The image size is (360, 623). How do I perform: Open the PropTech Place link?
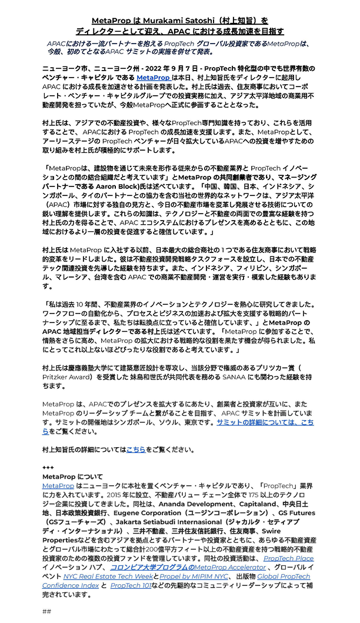pyautogui.click(x=288, y=558)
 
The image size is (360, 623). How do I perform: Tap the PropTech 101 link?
pyautogui.click(x=132, y=585)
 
